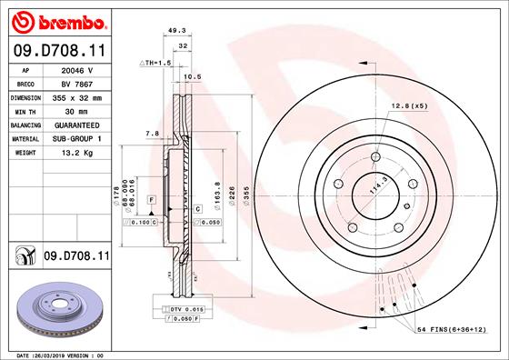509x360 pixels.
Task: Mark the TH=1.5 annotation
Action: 155,62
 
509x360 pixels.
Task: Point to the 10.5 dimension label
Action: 193,77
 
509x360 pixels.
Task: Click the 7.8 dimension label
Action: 152,134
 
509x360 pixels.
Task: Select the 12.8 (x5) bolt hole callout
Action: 409,106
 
